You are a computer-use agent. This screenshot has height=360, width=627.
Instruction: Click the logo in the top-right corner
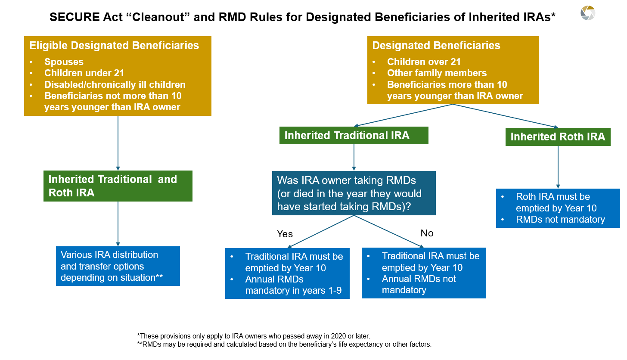point(587,13)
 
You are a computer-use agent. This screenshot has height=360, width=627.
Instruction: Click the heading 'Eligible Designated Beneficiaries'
point(114,46)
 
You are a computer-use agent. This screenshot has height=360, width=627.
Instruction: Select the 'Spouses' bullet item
point(64,62)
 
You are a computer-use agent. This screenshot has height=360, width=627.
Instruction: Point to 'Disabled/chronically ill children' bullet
point(115,84)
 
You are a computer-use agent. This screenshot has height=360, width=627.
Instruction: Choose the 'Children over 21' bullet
point(424,62)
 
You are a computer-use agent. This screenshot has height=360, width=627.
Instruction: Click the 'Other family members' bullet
point(437,73)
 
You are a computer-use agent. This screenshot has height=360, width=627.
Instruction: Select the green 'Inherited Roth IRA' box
point(558,137)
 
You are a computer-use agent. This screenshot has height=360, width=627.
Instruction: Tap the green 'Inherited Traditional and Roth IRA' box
point(118,186)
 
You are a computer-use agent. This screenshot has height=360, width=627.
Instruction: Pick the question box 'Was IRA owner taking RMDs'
point(354,193)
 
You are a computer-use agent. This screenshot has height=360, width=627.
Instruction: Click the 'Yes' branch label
point(285,234)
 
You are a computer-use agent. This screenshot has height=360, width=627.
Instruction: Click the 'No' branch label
point(427,233)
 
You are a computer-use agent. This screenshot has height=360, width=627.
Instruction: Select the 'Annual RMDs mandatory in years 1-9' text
point(293,285)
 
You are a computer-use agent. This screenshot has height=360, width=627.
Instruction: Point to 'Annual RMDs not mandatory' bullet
point(419,285)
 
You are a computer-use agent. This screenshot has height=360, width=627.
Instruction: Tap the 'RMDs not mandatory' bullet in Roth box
point(560,220)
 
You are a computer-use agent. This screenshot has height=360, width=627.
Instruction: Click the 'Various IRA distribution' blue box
point(118,266)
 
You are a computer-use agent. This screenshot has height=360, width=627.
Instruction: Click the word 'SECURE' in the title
point(71,17)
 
